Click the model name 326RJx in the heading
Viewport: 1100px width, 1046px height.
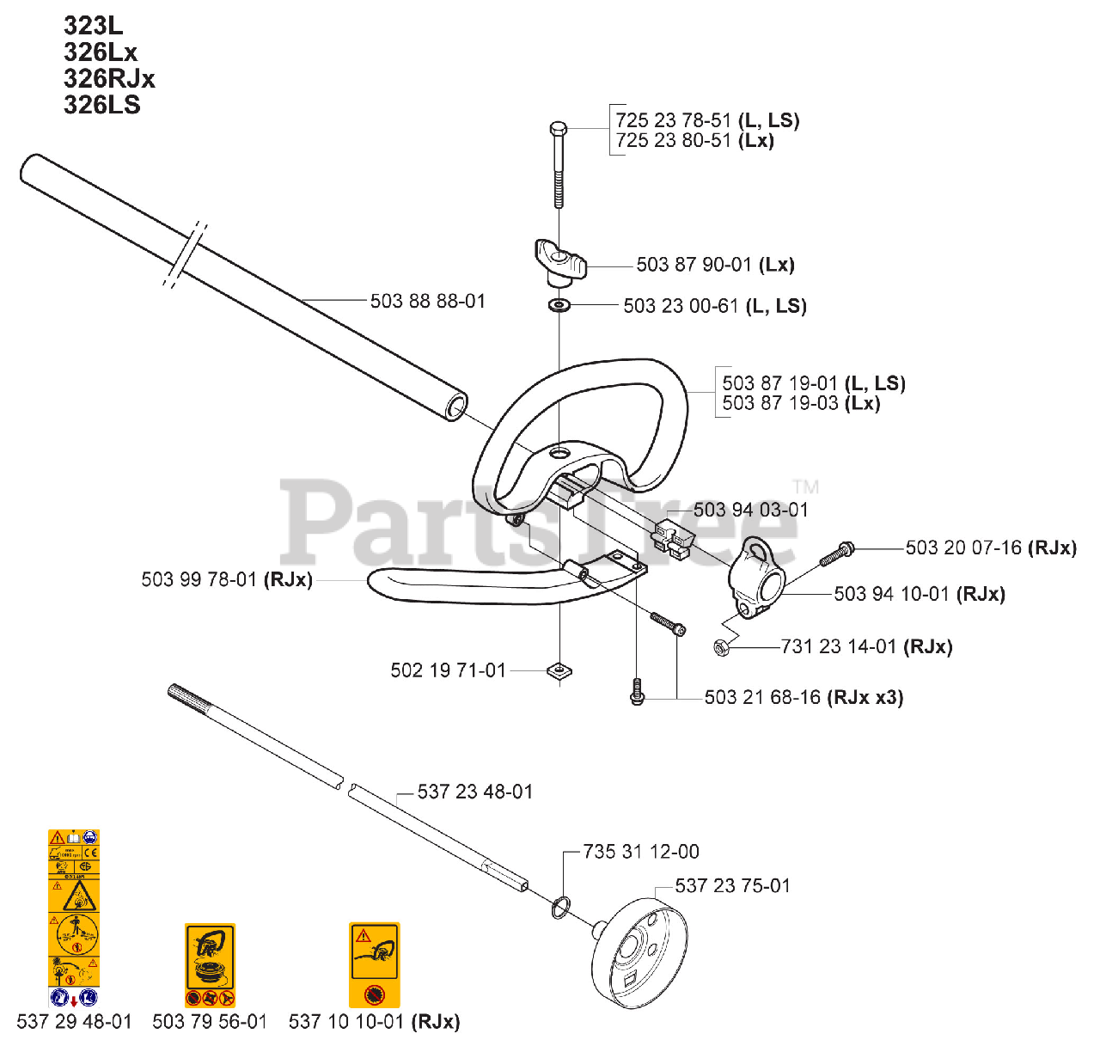pyautogui.click(x=109, y=79)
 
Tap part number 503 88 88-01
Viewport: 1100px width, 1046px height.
pyautogui.click(x=428, y=302)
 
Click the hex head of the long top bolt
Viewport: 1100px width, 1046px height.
pyautogui.click(x=558, y=130)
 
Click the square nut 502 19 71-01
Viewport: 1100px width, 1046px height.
pyautogui.click(x=559, y=670)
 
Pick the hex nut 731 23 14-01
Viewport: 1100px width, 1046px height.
pyautogui.click(x=722, y=647)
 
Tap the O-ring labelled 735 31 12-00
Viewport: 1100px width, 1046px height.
pyautogui.click(x=560, y=906)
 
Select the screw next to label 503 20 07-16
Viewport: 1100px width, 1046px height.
pyautogui.click(x=835, y=554)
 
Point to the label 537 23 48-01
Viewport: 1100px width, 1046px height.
pyautogui.click(x=475, y=792)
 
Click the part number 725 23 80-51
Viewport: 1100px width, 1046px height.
pyautogui.click(x=673, y=141)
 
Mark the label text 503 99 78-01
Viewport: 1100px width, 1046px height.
pyautogui.click(x=199, y=580)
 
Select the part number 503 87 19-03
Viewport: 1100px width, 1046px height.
pyautogui.click(x=779, y=403)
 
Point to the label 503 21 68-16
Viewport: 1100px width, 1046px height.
pyautogui.click(x=762, y=697)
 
